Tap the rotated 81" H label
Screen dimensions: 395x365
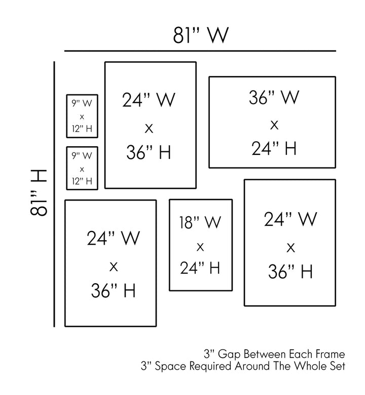[x=40, y=193]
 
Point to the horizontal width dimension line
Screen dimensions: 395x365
[x=200, y=51]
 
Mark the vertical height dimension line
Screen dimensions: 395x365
[x=54, y=193]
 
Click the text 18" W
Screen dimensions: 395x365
[x=200, y=222]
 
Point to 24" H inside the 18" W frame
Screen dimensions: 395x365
[x=201, y=267]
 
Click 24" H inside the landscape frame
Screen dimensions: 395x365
[x=274, y=148]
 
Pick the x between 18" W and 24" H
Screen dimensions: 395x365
[x=200, y=247]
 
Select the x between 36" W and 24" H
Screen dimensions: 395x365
[x=274, y=124]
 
